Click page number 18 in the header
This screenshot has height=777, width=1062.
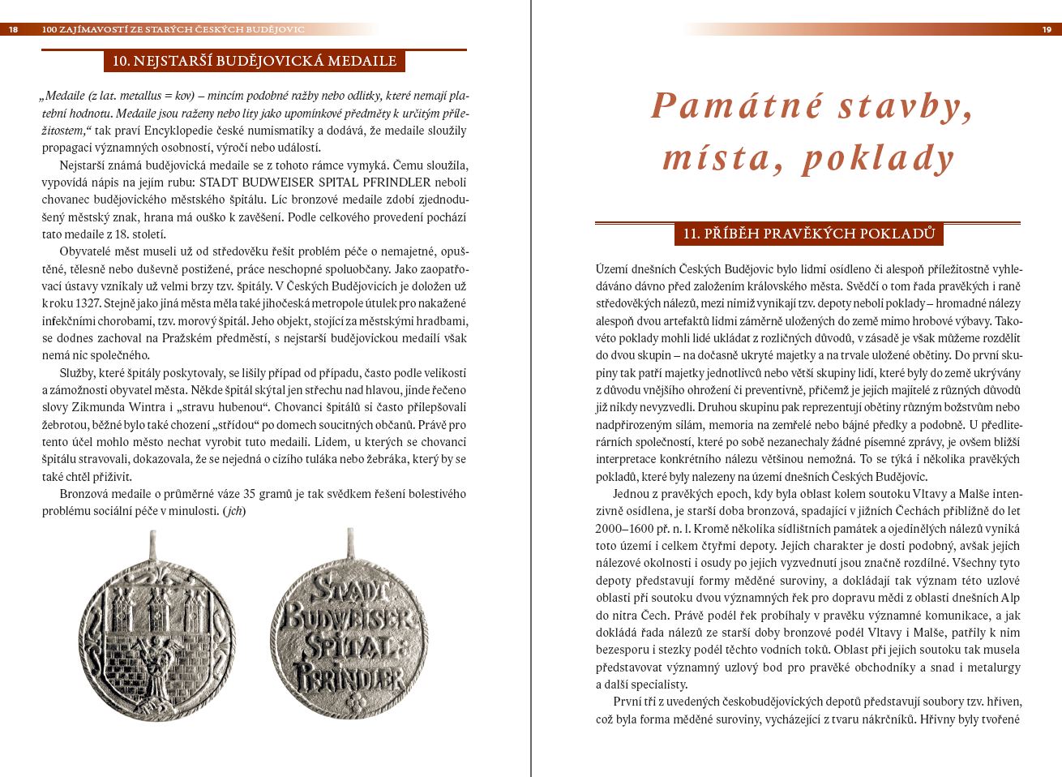click(13, 29)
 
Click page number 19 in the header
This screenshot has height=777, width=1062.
click(1046, 29)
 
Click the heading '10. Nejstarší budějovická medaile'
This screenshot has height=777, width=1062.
click(254, 61)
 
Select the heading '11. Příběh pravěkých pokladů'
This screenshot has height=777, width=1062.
click(808, 234)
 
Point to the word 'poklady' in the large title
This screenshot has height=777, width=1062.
click(879, 158)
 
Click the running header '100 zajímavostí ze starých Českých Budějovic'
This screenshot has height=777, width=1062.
click(173, 29)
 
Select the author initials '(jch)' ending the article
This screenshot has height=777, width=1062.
click(234, 511)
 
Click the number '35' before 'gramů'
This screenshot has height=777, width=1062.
click(250, 494)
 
